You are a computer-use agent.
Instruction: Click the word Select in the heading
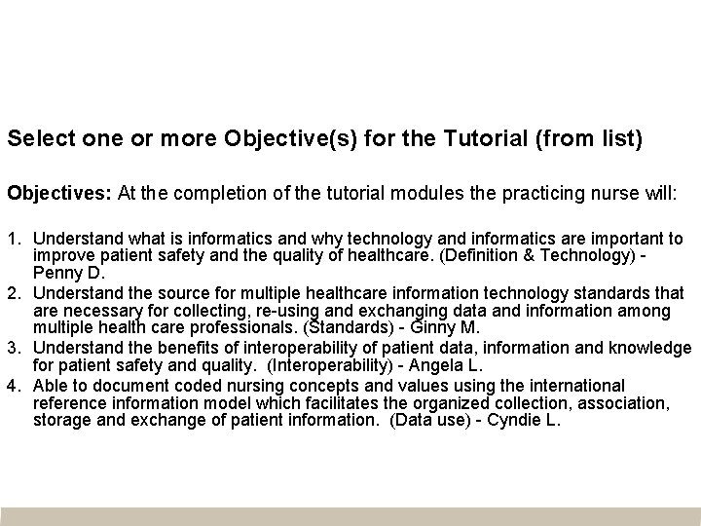(36, 139)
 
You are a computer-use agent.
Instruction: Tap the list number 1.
(13, 239)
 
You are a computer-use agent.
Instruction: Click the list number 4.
(13, 386)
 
